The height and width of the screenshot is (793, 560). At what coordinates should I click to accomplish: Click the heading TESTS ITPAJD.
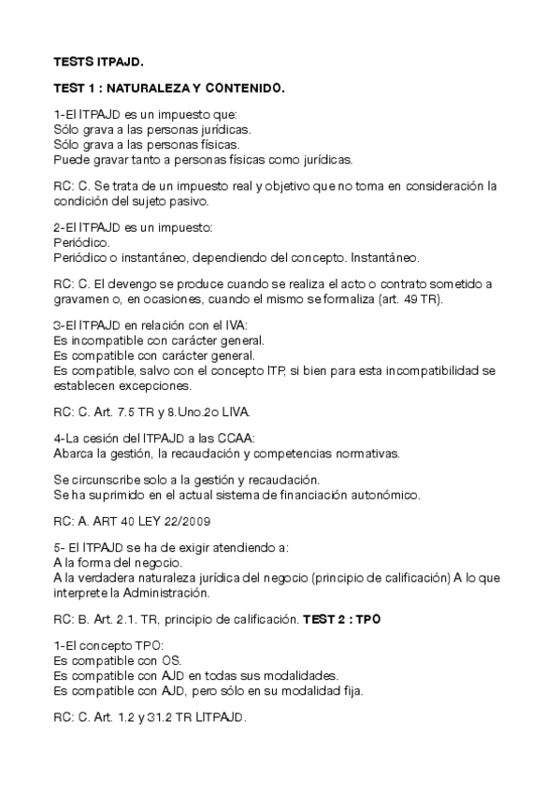pos(98,63)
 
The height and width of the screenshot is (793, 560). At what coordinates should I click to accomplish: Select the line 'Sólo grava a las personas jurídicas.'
pos(151,129)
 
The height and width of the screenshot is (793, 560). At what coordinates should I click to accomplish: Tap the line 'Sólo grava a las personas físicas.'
pos(147,145)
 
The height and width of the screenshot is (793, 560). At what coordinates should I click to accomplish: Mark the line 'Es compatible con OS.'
pos(112,660)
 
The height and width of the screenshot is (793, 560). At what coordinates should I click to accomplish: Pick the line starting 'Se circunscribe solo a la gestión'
pos(174,479)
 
